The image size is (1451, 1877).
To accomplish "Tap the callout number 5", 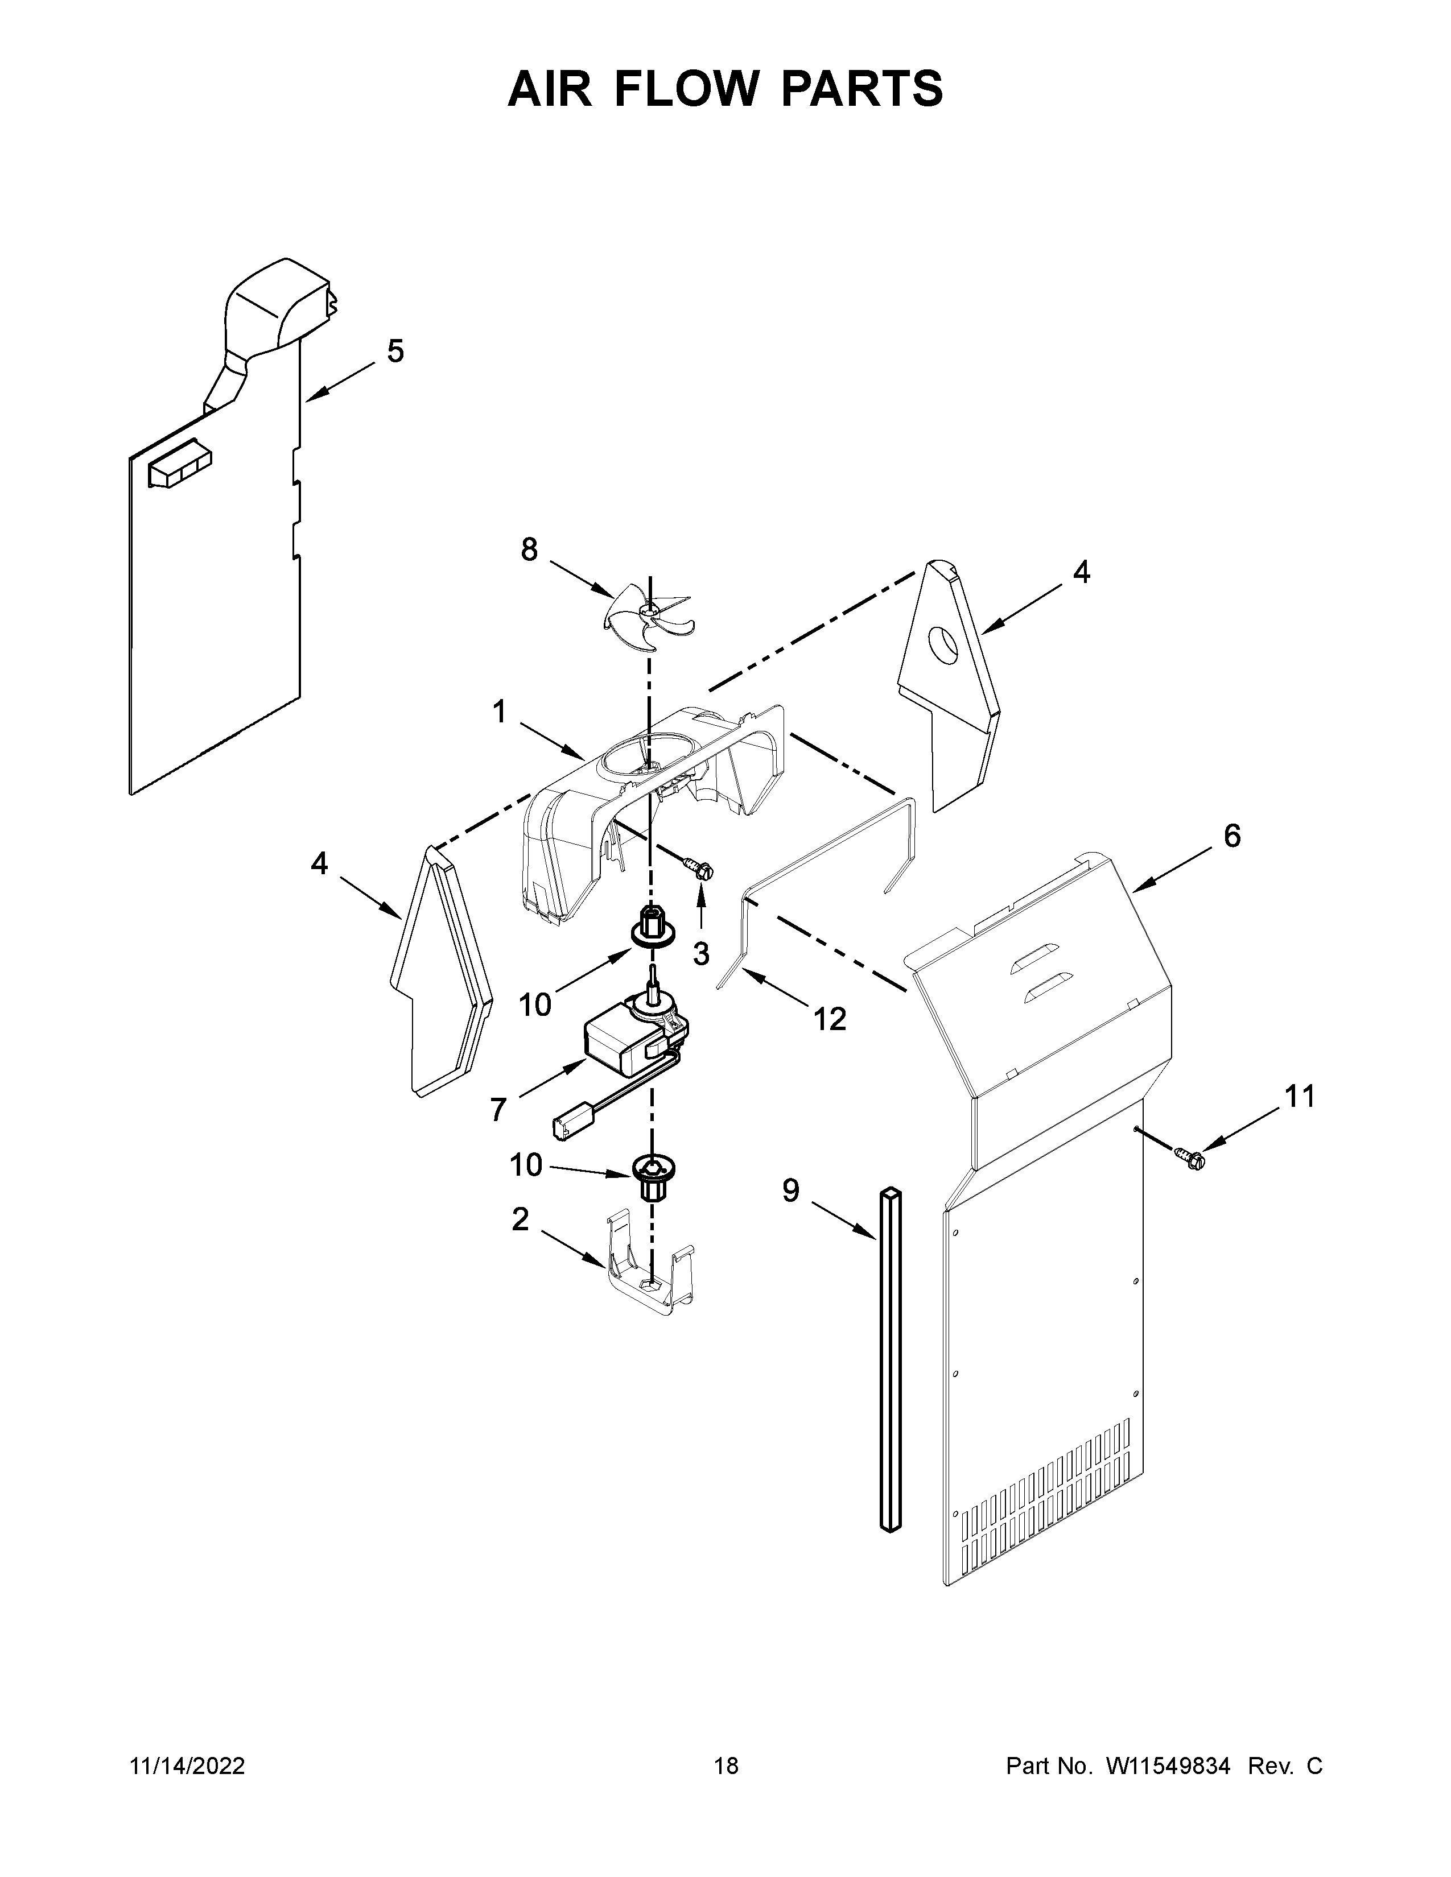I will (394, 352).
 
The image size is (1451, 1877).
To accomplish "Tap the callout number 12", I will (830, 1019).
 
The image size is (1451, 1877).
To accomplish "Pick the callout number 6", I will (1232, 836).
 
